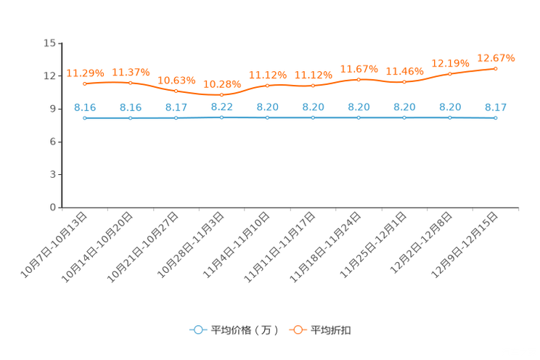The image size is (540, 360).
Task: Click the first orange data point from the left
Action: point(85,83)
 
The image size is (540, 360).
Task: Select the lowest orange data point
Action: point(221,95)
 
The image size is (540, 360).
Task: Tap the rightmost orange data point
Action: point(496,68)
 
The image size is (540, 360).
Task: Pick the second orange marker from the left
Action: point(131,83)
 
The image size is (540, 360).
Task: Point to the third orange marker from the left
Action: point(176,91)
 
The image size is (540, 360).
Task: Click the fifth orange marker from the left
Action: point(268,85)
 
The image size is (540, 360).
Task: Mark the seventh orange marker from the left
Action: point(359,78)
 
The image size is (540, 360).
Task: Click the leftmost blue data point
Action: point(85,118)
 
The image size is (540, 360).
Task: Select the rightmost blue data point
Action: point(496,118)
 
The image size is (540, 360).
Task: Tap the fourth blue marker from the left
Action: point(221,116)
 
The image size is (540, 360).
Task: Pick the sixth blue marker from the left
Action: point(313,118)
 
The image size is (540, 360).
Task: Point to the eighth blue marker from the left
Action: point(404,118)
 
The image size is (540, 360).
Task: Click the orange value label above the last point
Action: point(496,57)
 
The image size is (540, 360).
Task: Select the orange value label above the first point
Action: point(85,73)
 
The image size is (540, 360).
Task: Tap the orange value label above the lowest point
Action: point(221,84)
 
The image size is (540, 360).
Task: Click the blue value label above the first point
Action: point(85,107)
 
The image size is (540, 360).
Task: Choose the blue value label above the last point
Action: point(496,107)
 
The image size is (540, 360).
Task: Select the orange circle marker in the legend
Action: point(298,330)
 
